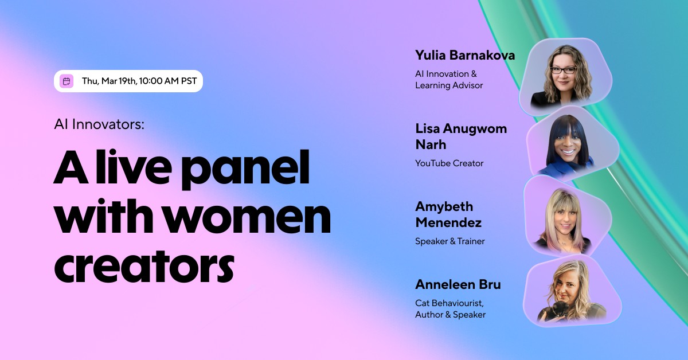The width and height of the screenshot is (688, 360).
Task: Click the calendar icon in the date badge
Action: coord(67,81)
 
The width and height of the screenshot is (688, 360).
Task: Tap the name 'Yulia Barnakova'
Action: coord(465,56)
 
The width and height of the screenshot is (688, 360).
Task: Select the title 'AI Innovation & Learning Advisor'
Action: coord(449,80)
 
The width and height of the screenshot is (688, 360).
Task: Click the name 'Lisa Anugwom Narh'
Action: coord(461,136)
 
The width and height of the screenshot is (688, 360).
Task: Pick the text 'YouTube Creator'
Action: coord(449,163)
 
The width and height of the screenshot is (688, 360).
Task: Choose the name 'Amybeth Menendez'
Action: coord(448,214)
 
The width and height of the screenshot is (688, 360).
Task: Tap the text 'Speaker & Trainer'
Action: coord(449,241)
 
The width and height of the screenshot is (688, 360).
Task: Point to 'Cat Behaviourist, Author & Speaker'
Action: coord(450,309)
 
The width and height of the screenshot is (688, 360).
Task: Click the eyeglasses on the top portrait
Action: coord(562,70)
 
